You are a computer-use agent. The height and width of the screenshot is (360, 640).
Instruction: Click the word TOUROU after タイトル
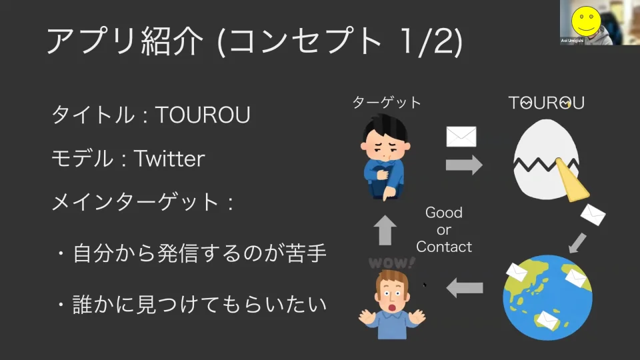[x=203, y=115]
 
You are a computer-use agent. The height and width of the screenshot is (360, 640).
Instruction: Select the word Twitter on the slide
[x=169, y=159]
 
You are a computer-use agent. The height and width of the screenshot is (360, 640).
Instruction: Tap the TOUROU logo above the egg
[x=546, y=103]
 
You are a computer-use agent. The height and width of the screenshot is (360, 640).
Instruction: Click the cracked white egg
[x=546, y=159]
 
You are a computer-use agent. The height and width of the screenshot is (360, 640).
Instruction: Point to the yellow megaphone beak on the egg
[x=572, y=181]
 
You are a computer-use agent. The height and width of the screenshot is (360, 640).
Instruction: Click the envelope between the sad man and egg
[x=461, y=137]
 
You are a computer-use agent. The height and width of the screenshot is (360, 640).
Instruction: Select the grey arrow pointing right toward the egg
[x=464, y=165]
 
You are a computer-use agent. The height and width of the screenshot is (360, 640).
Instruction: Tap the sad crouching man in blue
[x=385, y=157]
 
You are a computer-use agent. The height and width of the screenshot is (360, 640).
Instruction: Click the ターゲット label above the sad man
[x=387, y=103]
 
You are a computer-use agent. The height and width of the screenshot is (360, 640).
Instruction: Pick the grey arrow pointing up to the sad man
[x=385, y=230]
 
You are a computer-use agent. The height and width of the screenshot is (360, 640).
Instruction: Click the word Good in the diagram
[x=444, y=213]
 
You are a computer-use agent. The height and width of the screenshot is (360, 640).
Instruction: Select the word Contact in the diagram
[x=444, y=247]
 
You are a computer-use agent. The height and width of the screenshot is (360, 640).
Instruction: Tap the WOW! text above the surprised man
[x=391, y=263]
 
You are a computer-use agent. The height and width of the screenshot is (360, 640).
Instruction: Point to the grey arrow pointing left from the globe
[x=465, y=288]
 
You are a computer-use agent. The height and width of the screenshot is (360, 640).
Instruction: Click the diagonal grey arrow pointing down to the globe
[x=577, y=243]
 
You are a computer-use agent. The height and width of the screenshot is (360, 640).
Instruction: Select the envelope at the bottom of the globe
[x=547, y=321]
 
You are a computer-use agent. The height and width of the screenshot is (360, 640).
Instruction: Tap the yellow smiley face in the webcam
[x=586, y=21]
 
